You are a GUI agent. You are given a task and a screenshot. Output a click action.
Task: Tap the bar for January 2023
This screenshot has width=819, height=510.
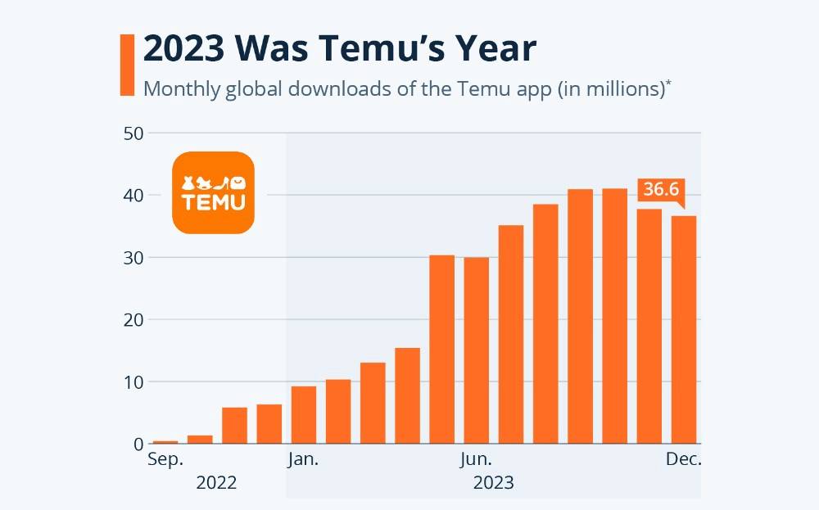click(x=304, y=414)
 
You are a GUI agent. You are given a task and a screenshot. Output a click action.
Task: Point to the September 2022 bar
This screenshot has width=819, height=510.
click(x=165, y=442)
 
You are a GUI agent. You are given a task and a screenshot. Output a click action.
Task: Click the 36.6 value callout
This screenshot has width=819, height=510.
click(x=660, y=190)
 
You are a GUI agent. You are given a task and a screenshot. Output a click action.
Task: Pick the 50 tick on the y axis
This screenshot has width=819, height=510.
click(x=133, y=133)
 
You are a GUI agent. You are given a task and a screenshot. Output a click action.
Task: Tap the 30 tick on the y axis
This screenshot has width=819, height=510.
click(x=133, y=258)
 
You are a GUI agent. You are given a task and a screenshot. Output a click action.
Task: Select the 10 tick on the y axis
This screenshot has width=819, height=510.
click(x=133, y=382)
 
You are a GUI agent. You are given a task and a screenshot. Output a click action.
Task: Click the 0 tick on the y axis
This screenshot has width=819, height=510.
click(x=138, y=445)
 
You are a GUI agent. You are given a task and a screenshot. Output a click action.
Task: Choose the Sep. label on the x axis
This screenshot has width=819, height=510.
click(x=165, y=460)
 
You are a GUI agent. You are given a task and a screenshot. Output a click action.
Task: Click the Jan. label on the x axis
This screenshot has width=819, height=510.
click(x=304, y=460)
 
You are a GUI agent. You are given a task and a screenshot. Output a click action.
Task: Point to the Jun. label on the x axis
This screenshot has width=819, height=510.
click(x=476, y=460)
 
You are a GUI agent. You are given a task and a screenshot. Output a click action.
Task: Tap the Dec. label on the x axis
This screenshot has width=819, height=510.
click(x=683, y=460)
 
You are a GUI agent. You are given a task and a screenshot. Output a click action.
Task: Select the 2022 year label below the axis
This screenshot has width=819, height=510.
click(x=216, y=482)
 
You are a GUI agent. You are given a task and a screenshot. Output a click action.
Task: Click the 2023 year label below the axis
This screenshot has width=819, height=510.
click(x=493, y=482)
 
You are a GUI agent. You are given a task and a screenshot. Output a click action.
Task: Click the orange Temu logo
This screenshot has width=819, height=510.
click(x=213, y=192)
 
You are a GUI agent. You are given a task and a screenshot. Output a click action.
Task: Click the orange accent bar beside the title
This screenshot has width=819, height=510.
click(x=127, y=65)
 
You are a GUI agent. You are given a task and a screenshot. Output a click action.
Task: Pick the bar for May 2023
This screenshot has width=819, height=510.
click(x=442, y=349)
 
